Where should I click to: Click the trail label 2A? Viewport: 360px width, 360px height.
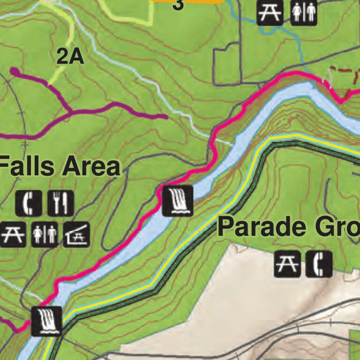pos(70,57)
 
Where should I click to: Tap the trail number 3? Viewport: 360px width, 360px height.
pos(178,5)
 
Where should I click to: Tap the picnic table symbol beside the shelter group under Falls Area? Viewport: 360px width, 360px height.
pos(13,234)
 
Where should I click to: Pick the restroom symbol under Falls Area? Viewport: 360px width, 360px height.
pos(45,234)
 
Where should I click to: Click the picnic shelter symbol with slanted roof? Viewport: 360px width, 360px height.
pos(76,234)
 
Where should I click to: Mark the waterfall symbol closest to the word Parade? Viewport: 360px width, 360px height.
pos(178,200)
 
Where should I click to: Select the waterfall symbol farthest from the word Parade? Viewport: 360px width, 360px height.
pos(46,321)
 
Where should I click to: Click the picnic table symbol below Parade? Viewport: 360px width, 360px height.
pos(287,264)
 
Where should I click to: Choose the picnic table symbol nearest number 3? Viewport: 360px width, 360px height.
pos(270,12)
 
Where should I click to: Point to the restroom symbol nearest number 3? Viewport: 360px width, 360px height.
pos(304,12)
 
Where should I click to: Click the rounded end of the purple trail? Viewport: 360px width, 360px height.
pos(14,72)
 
